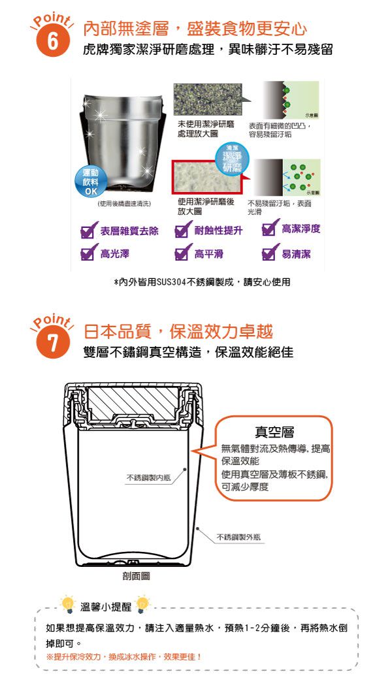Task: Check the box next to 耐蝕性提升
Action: coord(183,231)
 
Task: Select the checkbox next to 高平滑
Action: coord(183,253)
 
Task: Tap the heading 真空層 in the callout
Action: coord(274,432)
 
